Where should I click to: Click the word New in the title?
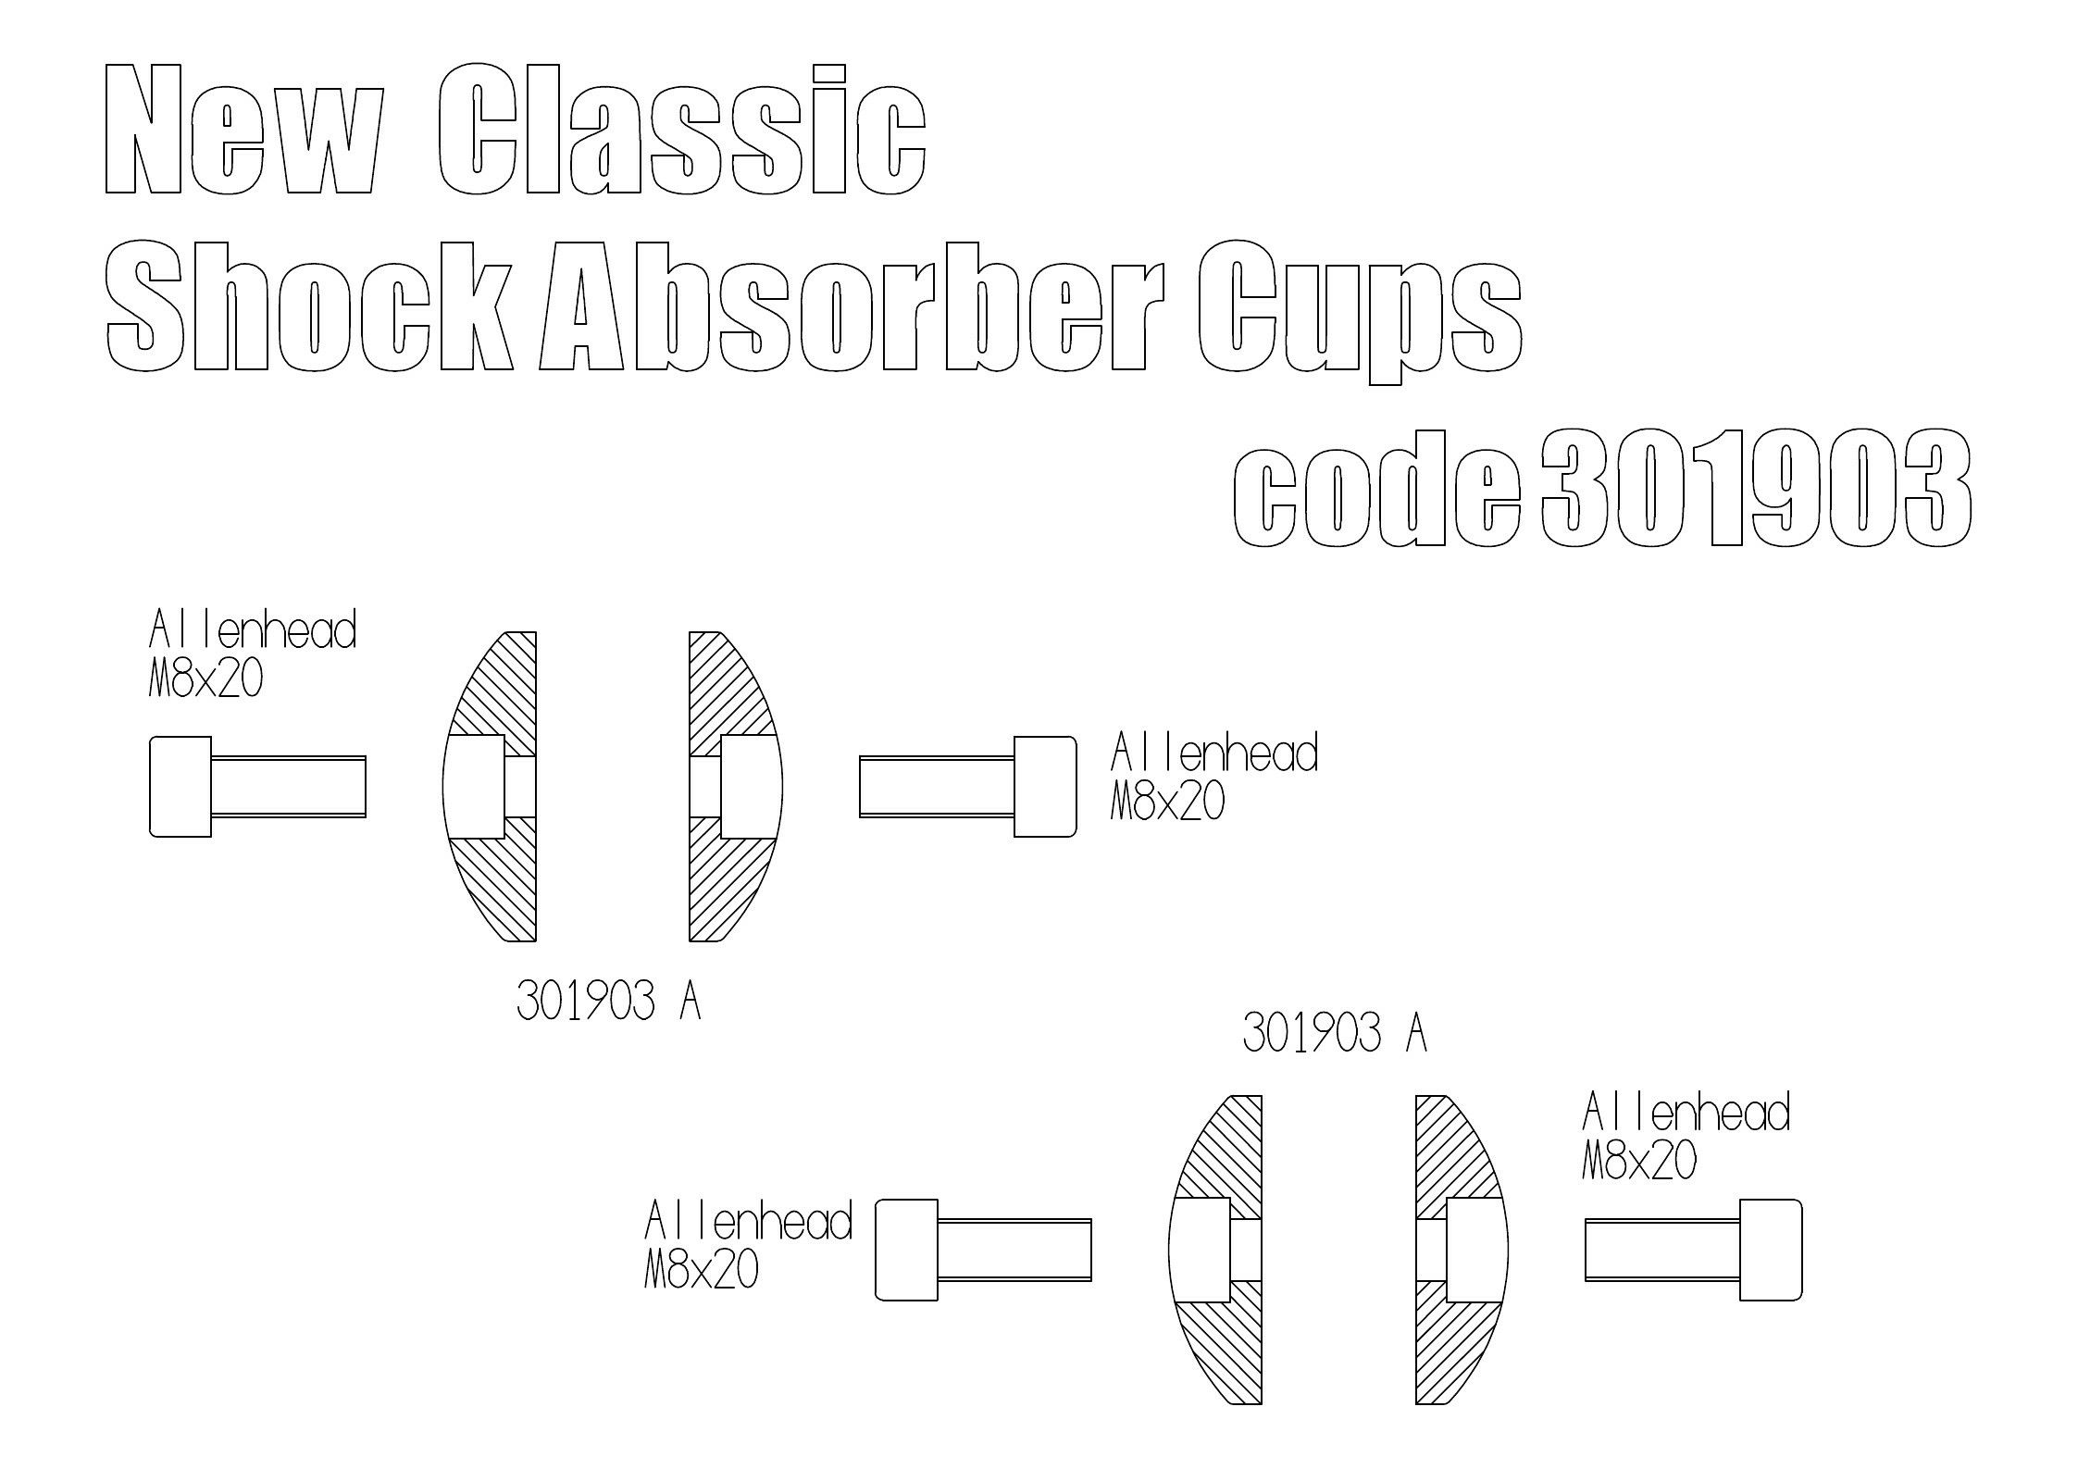pyautogui.click(x=243, y=130)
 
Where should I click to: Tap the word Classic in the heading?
pyautogui.click(x=680, y=130)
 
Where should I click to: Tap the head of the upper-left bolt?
pyautogui.click(x=180, y=787)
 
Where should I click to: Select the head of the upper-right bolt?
pyautogui.click(x=1045, y=787)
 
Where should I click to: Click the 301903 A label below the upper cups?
pyautogui.click(x=608, y=1002)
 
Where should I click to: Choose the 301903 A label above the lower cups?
pyautogui.click(x=1334, y=1033)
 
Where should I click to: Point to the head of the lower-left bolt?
pyautogui.click(x=906, y=1250)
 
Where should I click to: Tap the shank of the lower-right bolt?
pyautogui.click(x=1662, y=1250)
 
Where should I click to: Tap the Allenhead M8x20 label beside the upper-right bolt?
pyautogui.click(x=1213, y=778)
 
